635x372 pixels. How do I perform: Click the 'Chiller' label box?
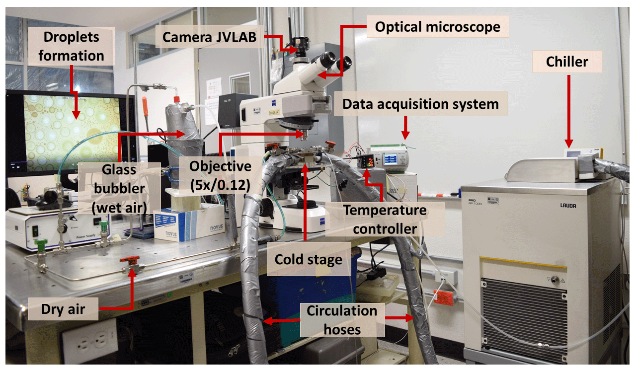567,62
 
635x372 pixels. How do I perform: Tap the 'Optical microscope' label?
437,26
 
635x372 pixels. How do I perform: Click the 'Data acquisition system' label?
420,104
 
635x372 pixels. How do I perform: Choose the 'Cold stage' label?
308,259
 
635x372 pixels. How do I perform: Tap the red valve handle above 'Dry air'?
131,260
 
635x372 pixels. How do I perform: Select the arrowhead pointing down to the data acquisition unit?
405,134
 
